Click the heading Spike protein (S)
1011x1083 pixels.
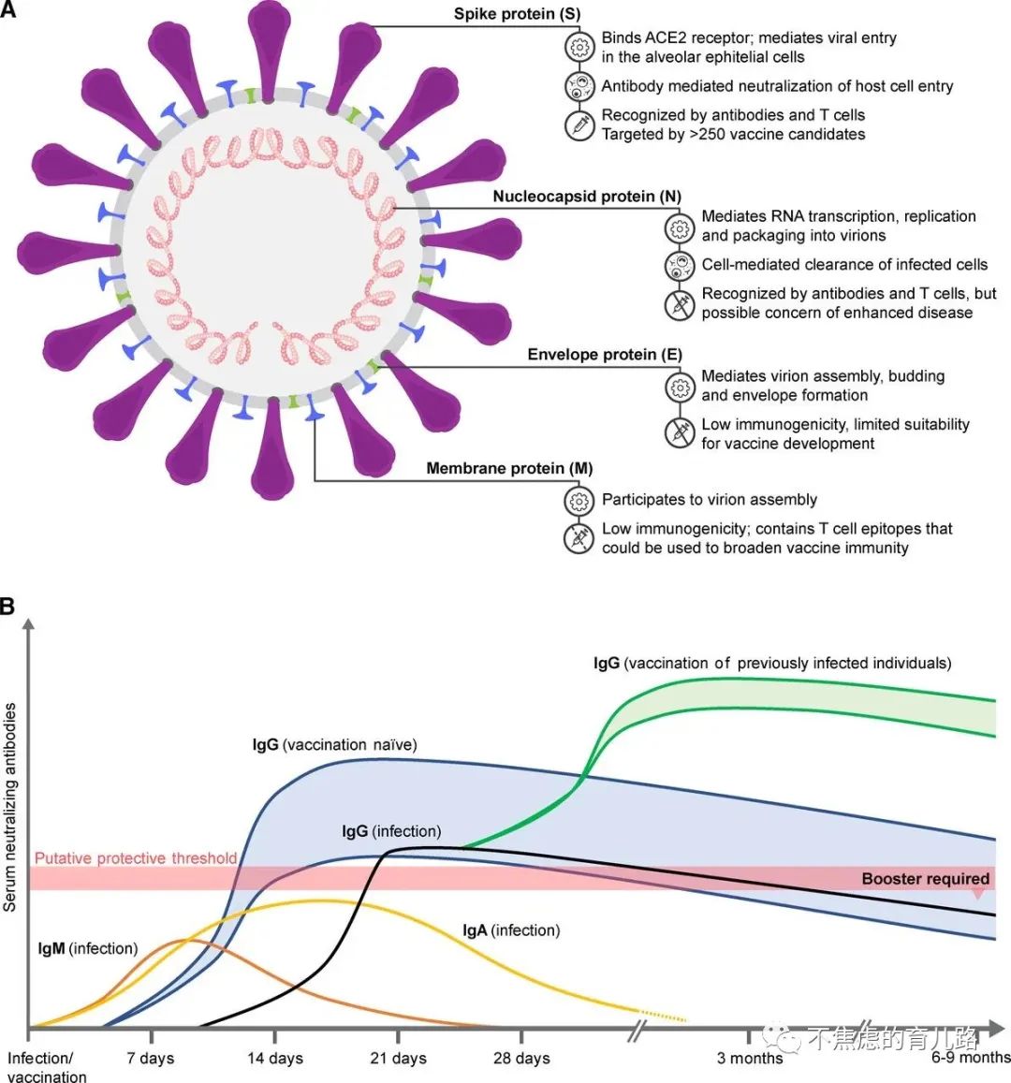(517, 15)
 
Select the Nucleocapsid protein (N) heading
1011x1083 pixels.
(587, 198)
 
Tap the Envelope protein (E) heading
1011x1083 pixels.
(605, 355)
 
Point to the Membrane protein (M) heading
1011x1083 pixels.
(509, 468)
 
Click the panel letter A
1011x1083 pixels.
(8, 13)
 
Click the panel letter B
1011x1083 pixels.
(8, 607)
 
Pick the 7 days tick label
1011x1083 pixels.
(151, 1058)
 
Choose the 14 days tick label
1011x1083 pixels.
(274, 1059)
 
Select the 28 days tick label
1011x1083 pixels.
(521, 1059)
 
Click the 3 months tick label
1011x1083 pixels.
(750, 1059)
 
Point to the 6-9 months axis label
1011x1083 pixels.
(971, 1058)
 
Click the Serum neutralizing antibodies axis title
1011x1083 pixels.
(10, 807)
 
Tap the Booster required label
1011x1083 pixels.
(925, 879)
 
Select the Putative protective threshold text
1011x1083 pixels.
(136, 858)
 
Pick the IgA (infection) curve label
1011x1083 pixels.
(511, 930)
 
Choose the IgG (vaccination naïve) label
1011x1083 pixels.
(334, 745)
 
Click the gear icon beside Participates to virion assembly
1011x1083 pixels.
(579, 500)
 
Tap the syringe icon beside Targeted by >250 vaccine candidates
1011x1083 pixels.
(579, 124)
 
